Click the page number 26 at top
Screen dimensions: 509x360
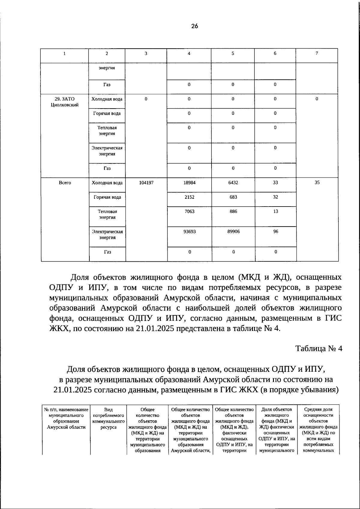[194, 26]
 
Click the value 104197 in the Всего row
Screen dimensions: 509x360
[146, 183]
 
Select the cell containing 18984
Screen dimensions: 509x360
[189, 183]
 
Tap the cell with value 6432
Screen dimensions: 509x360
[233, 183]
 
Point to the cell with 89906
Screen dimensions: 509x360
[233, 231]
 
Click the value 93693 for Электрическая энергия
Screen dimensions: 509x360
[189, 231]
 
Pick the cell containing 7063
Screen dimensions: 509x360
[189, 211]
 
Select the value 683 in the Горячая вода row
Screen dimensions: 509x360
[233, 197]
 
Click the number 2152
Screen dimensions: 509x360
[189, 197]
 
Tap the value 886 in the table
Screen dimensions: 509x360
[233, 211]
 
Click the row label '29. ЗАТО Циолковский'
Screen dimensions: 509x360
[64, 102]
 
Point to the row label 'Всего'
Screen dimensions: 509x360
[65, 183]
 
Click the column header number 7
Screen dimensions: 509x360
[317, 53]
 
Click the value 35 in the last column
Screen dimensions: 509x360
[317, 183]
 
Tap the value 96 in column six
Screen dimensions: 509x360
[275, 231]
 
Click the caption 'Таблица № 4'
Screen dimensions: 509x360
[319, 349]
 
